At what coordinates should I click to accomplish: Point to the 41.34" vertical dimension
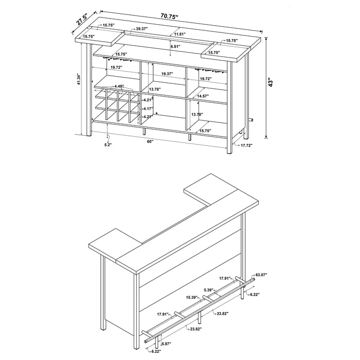pos(79,80)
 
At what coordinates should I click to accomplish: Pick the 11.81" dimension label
pos(179,34)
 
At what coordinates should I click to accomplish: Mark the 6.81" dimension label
pos(177,46)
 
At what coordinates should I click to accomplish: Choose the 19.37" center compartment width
pos(167,74)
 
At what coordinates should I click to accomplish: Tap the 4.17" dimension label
pos(148,109)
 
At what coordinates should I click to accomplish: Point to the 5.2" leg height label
pos(107,145)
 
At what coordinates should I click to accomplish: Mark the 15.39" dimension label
pos(193,298)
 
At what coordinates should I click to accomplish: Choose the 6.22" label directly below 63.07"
pos(255,295)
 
